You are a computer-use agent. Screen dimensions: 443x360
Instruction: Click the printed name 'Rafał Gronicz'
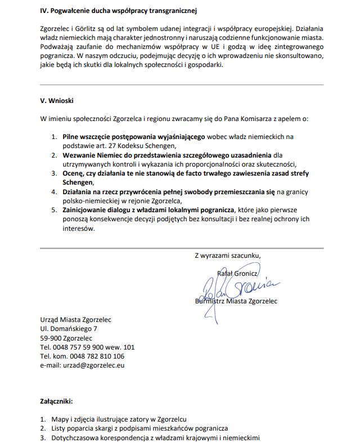237,274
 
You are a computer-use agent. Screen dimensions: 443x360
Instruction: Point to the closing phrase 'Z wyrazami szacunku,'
227,255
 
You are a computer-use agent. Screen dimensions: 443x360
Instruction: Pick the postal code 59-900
51,338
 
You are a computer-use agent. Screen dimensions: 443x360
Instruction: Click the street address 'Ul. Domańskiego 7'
68,329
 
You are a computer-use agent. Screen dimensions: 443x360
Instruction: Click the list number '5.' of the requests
55,211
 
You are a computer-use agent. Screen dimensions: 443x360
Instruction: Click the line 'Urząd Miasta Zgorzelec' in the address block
75,320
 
